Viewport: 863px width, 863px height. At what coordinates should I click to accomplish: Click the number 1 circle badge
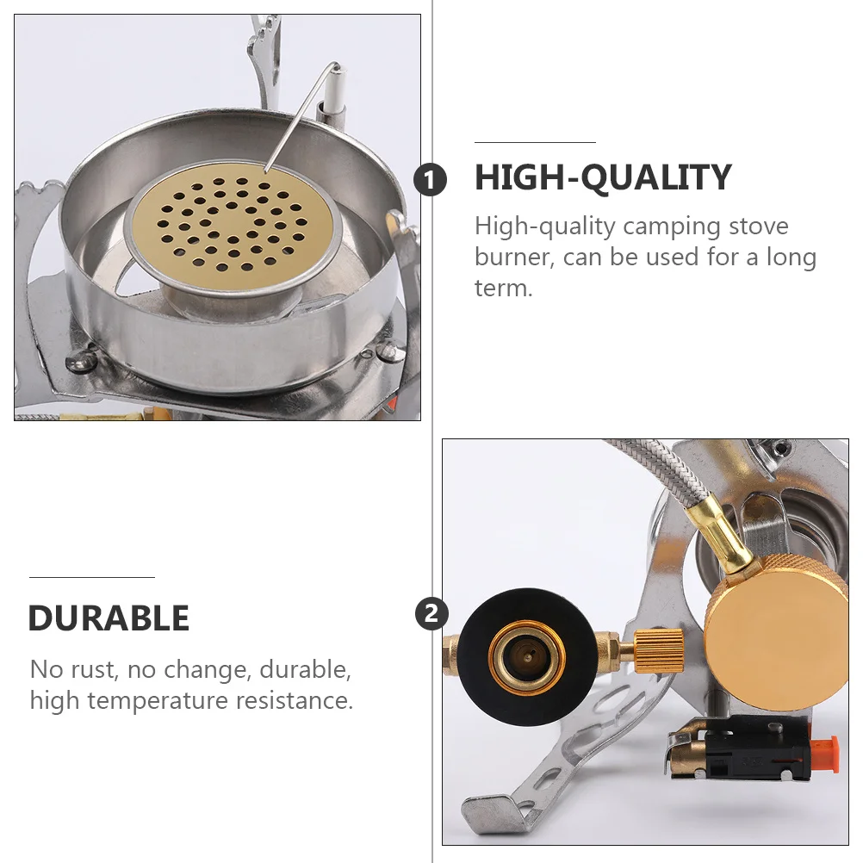[431, 181]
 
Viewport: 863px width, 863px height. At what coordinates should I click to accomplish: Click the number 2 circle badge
[431, 614]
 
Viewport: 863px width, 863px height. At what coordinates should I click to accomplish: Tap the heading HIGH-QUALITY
[603, 178]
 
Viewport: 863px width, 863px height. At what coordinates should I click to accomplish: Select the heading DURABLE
[109, 618]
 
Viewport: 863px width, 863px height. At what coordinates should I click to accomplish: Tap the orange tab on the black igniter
[825, 754]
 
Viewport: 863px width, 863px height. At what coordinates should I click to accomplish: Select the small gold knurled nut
[660, 650]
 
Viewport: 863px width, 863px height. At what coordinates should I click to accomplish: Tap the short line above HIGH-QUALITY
[535, 142]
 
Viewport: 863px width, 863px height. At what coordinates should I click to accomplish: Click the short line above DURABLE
[91, 577]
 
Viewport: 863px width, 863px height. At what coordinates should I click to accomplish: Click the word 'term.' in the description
[504, 288]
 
